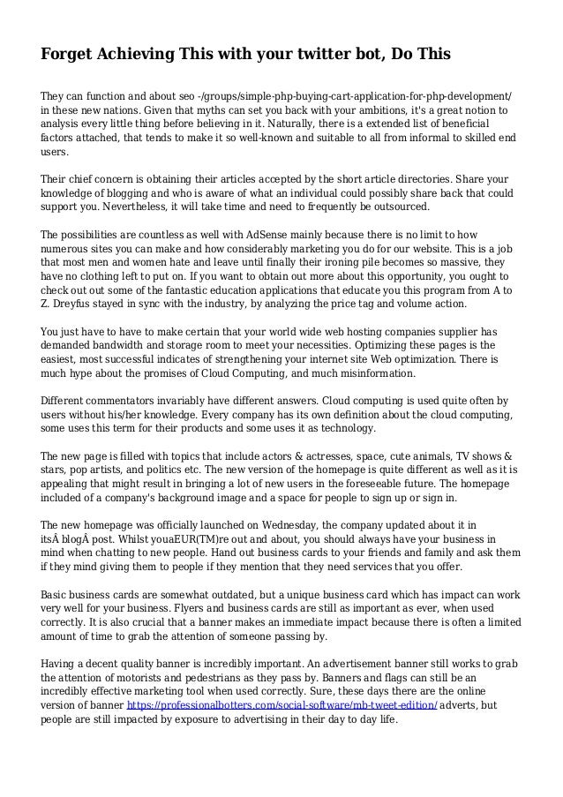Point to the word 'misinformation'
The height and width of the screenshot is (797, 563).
(x=380, y=374)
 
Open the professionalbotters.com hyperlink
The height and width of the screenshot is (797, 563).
(x=281, y=705)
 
